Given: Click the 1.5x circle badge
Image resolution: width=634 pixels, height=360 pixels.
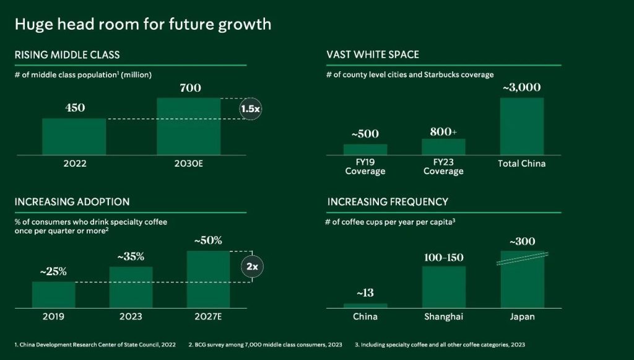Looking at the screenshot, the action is (x=251, y=109).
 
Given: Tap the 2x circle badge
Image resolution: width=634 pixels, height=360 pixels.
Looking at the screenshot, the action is (x=252, y=266).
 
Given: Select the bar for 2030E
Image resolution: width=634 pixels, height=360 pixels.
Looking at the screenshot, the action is (x=189, y=126).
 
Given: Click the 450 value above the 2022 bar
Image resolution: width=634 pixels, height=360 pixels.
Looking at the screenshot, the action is (x=75, y=108).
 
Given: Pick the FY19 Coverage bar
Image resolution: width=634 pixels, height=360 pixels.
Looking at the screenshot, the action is (x=365, y=149).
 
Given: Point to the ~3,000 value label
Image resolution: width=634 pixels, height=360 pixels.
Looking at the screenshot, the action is (x=521, y=87).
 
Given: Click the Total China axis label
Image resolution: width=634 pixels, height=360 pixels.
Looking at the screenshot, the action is (x=521, y=164).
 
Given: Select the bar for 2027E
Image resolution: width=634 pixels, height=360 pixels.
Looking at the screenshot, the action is (x=208, y=279).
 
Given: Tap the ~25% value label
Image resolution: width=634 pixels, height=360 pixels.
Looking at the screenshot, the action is (x=53, y=271).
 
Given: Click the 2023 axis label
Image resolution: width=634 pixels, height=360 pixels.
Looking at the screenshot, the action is (x=131, y=316).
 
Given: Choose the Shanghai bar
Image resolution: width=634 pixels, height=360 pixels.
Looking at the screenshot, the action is (x=443, y=287).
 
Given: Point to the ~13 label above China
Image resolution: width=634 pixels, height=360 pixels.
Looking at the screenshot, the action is (x=365, y=293).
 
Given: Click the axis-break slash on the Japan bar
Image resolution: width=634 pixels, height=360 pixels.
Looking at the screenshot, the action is (x=523, y=259).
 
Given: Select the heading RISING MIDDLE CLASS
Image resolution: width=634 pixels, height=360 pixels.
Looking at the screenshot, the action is (x=67, y=55).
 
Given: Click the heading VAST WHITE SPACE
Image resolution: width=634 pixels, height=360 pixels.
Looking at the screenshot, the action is (x=373, y=55).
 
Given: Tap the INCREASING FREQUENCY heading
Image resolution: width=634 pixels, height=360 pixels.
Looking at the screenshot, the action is (x=388, y=201).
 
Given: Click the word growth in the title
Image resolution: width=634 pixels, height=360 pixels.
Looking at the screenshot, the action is (x=245, y=25).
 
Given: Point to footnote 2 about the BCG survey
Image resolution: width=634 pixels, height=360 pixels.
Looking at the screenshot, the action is (x=265, y=345).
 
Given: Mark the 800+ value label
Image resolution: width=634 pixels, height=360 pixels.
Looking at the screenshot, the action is (x=443, y=132).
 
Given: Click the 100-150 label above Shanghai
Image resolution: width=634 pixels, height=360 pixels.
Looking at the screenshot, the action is (x=443, y=258).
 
